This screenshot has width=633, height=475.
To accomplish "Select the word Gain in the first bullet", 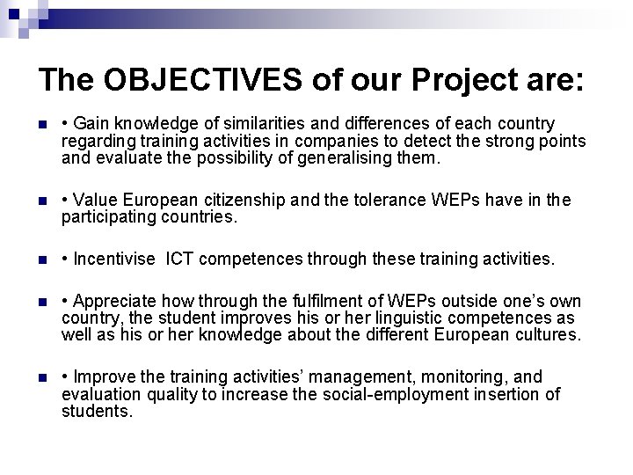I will (91, 122).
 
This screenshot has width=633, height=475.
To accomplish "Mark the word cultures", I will (549, 335).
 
